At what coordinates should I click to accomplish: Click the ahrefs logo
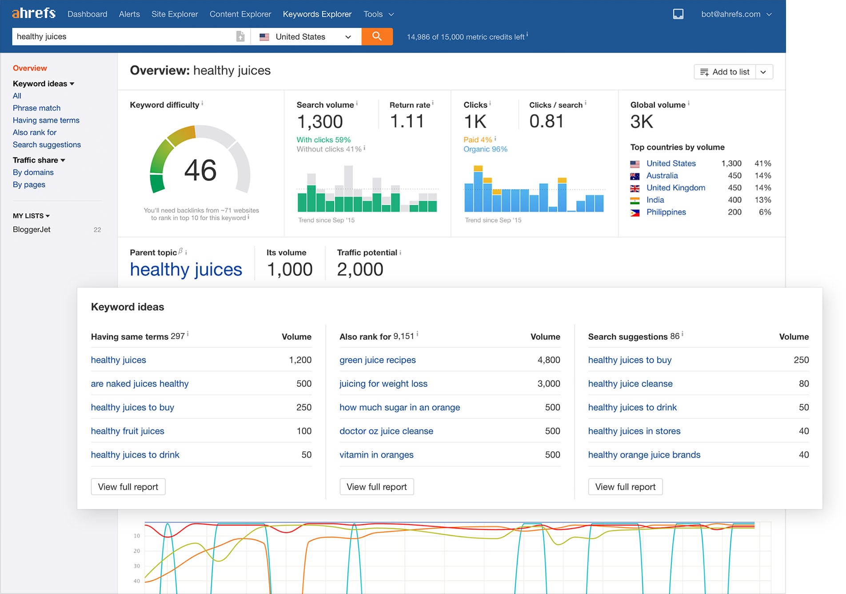(x=34, y=13)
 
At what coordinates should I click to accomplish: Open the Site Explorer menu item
(x=175, y=14)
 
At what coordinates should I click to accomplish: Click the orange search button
(x=377, y=36)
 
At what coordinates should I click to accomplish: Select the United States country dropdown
(x=306, y=37)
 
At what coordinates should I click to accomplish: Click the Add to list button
(x=725, y=72)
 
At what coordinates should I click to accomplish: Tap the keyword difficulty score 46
(x=200, y=171)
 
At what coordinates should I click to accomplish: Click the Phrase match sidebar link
(x=36, y=108)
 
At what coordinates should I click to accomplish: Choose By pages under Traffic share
(x=29, y=185)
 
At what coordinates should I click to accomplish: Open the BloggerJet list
(x=32, y=229)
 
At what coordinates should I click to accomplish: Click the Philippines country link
(x=666, y=212)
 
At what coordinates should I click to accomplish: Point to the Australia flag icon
(x=634, y=176)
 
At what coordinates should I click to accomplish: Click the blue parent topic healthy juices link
(x=186, y=269)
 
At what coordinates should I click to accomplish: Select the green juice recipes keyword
(x=377, y=360)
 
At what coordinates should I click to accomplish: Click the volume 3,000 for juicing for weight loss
(x=548, y=384)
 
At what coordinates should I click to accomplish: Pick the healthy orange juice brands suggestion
(x=644, y=455)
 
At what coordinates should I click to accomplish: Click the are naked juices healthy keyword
(x=140, y=384)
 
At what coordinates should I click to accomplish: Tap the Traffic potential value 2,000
(x=360, y=269)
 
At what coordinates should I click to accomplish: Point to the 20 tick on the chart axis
(x=137, y=551)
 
